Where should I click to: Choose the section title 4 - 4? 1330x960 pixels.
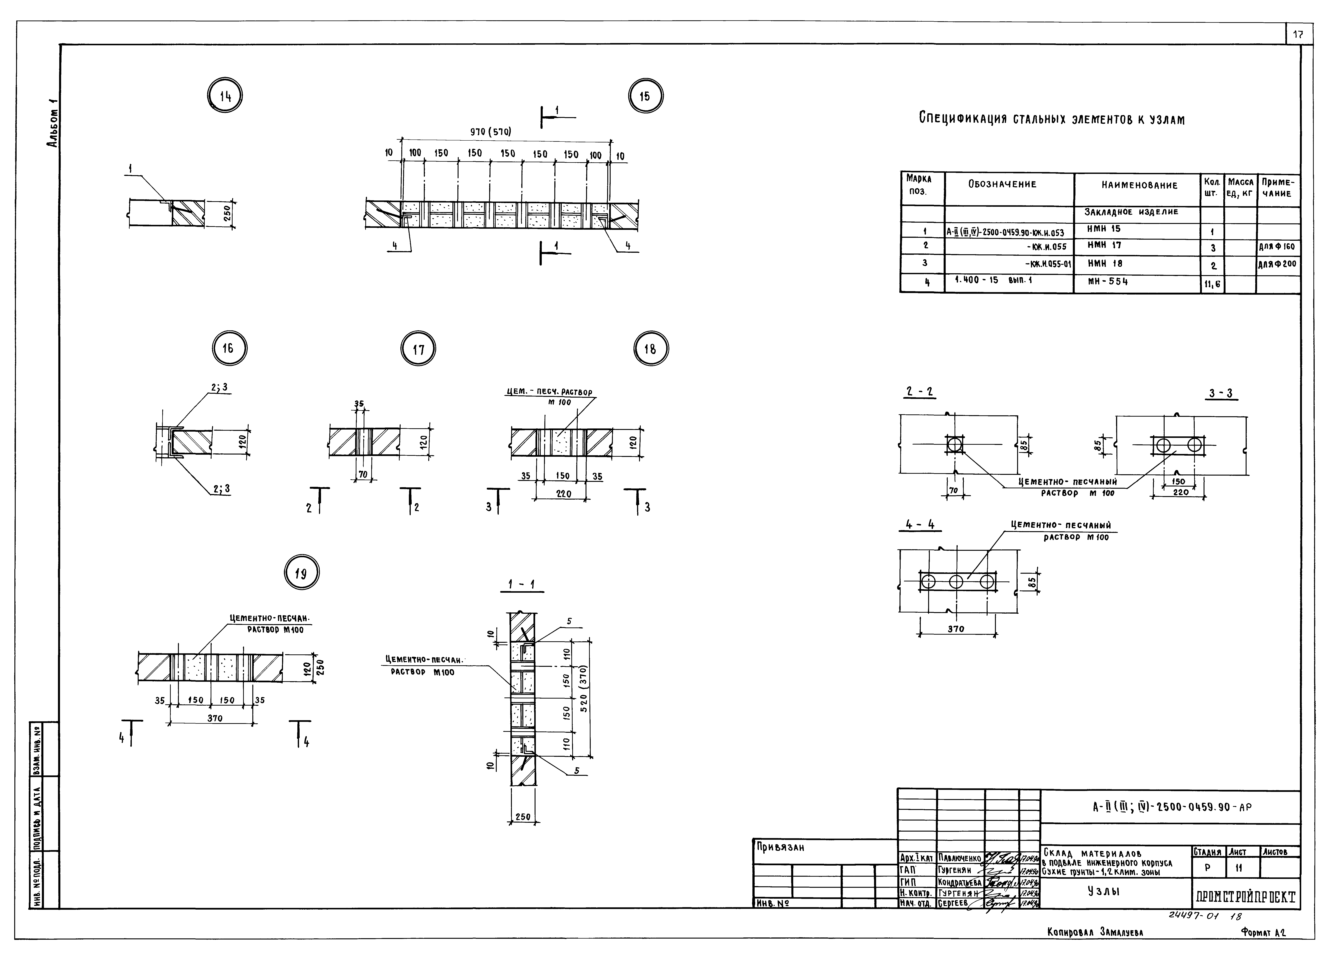919,525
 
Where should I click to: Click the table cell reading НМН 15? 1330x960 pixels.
1104,229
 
